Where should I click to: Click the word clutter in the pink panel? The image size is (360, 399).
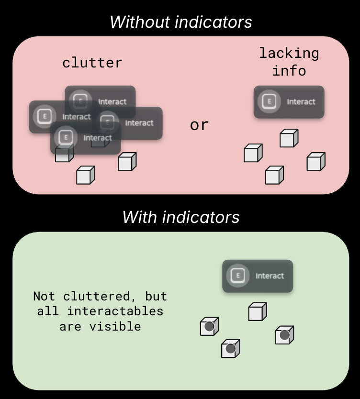pos(92,63)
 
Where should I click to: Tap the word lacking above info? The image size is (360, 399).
pos(289,53)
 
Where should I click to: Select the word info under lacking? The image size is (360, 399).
pos(289,71)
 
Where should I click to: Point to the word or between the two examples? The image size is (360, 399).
pos(199,125)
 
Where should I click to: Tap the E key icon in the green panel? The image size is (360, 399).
pos(238,276)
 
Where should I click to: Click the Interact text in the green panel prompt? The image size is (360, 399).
pos(270,276)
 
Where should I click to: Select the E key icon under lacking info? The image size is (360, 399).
pos(270,101)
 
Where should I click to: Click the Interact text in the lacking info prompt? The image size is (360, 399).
pos(301,101)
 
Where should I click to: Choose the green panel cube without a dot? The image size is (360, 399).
pos(257,312)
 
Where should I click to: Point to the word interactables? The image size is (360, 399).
pos(115,311)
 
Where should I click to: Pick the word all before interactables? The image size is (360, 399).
pos(48,311)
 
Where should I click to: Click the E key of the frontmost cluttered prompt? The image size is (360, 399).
pos(66,138)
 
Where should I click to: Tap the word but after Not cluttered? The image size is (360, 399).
pos(156,296)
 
